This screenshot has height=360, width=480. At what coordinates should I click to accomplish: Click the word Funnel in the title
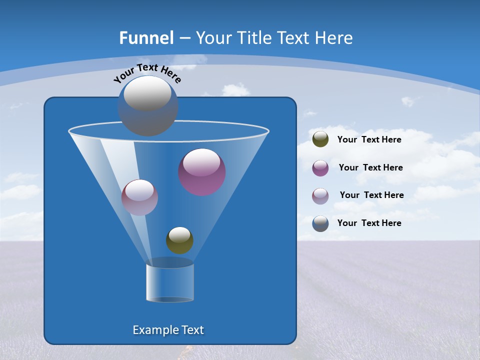click(x=146, y=38)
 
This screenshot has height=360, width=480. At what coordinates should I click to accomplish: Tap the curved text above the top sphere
click(x=147, y=73)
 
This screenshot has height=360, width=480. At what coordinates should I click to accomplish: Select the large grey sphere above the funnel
click(x=148, y=106)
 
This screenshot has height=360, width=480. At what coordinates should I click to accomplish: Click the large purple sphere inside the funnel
click(x=202, y=172)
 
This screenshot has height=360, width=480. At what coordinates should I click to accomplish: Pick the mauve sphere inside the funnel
click(x=139, y=197)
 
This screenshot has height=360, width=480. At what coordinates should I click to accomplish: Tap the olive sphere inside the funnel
click(x=179, y=240)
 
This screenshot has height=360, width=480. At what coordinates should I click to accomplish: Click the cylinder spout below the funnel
click(x=170, y=282)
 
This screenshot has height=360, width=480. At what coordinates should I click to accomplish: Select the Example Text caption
click(x=168, y=330)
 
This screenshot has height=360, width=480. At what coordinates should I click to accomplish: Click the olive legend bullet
click(x=320, y=139)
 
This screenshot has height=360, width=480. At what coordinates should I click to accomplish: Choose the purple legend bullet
click(x=320, y=168)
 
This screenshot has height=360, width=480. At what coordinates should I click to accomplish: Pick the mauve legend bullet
click(x=320, y=195)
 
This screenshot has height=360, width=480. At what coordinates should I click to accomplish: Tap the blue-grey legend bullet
click(x=320, y=223)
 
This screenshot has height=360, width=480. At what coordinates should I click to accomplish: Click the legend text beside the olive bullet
click(x=369, y=139)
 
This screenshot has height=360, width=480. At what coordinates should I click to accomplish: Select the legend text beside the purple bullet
click(x=370, y=167)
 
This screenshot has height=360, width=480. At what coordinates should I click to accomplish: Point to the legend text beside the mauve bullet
click(x=371, y=195)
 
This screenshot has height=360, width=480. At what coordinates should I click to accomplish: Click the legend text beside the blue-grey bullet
click(x=369, y=223)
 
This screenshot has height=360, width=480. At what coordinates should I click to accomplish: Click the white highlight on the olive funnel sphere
click(x=179, y=234)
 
